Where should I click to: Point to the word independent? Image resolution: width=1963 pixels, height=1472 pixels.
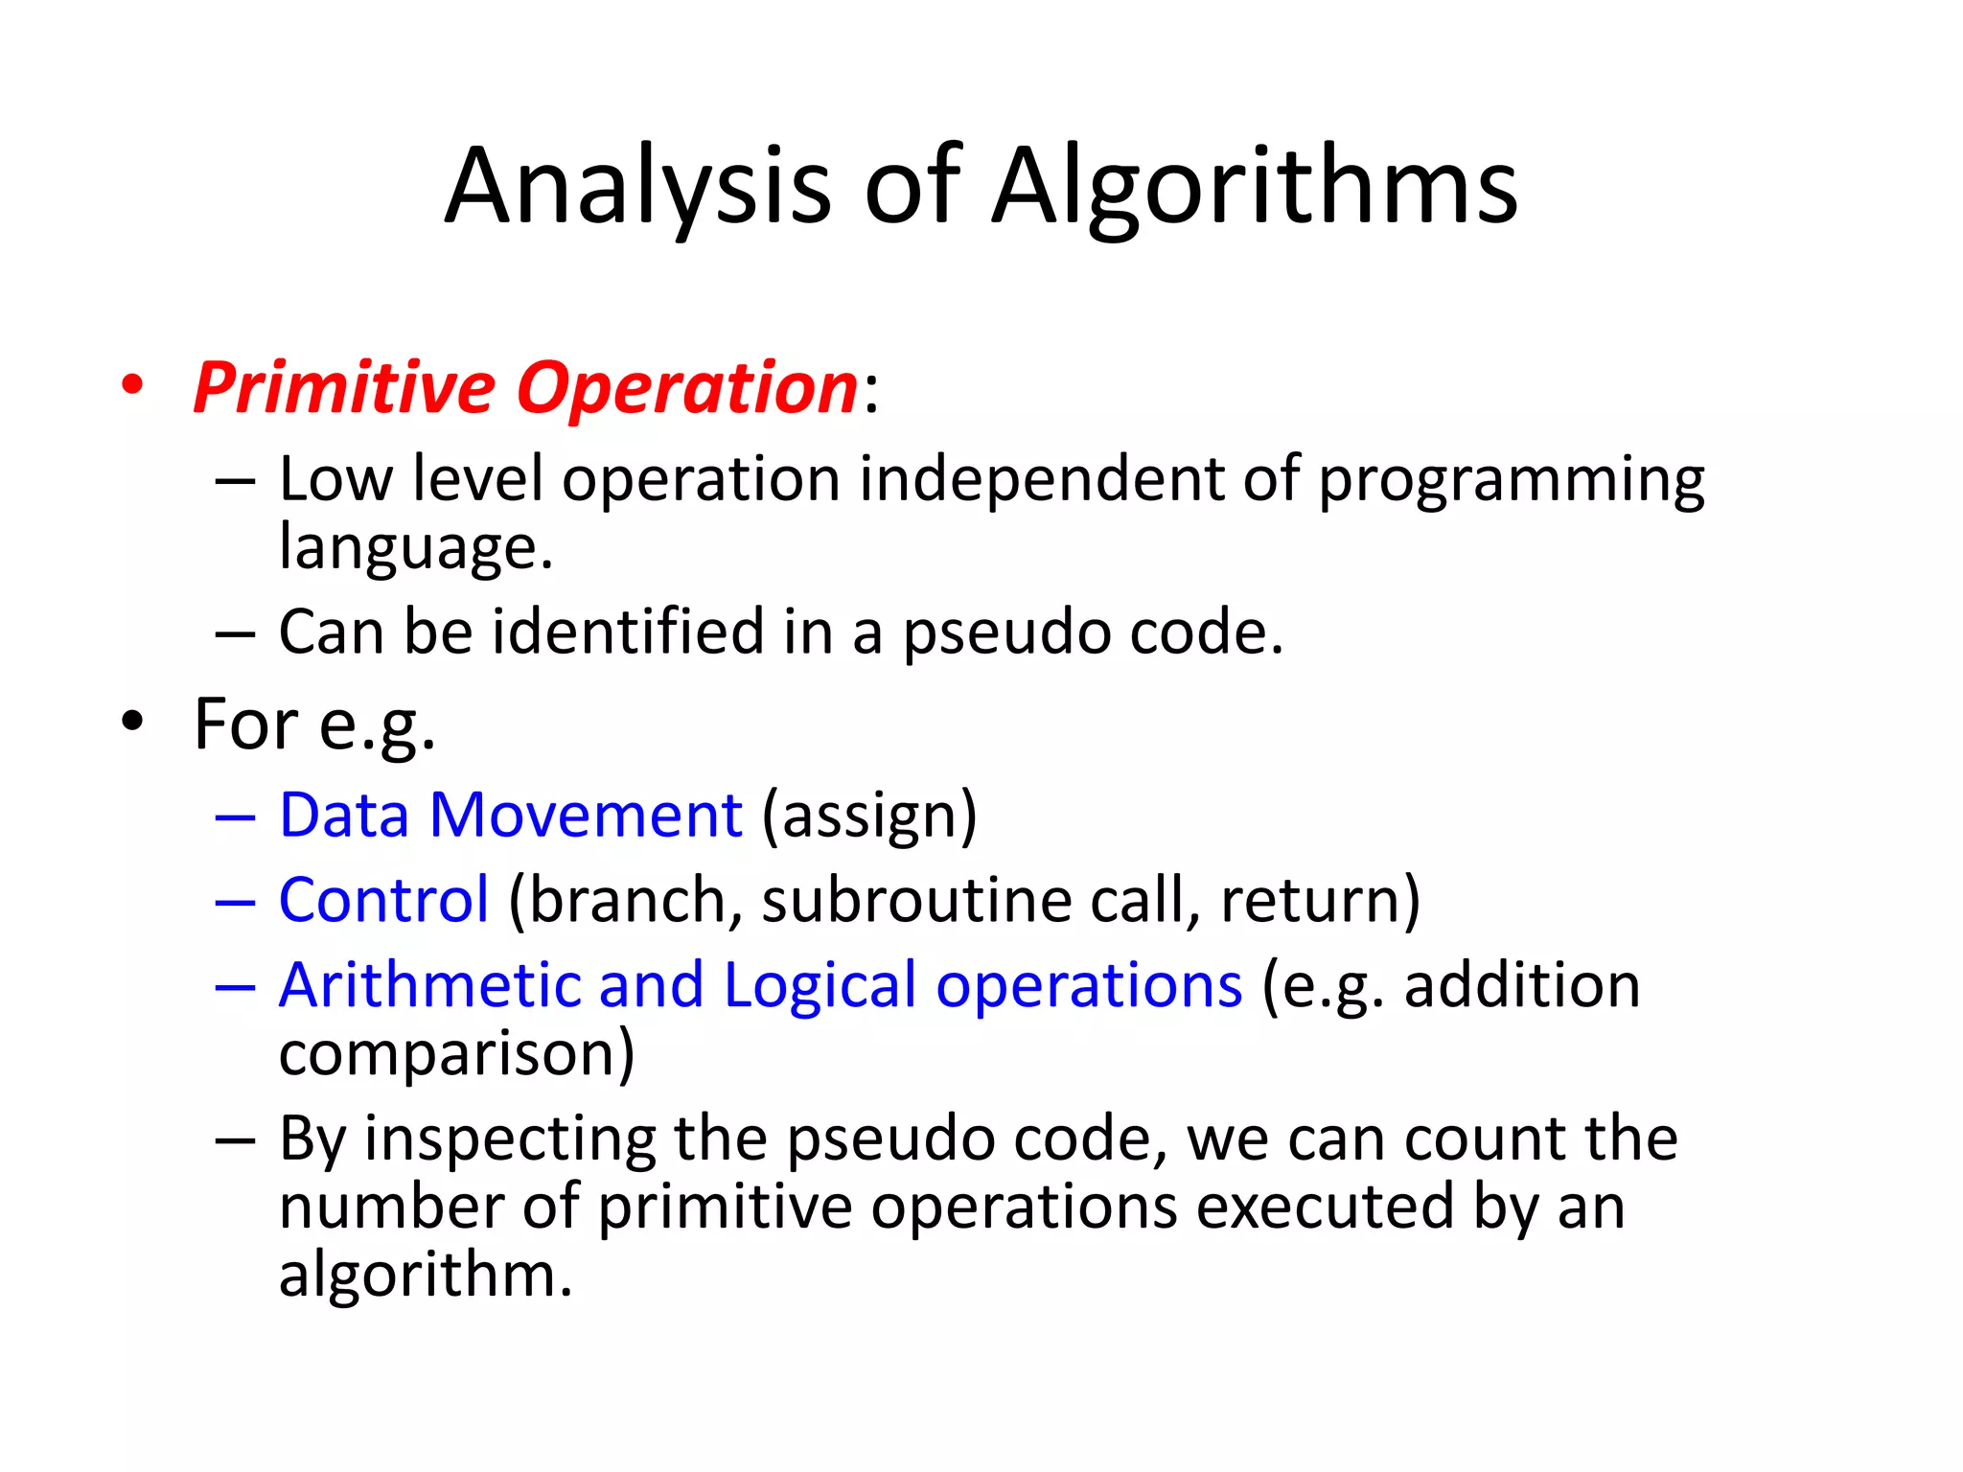point(1041,478)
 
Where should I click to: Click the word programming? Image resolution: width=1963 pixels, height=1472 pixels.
point(1511,478)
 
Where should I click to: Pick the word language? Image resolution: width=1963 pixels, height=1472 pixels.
point(415,547)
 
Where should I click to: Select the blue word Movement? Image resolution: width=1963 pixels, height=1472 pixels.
point(586,816)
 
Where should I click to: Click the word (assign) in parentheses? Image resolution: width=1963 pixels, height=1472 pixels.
point(869,816)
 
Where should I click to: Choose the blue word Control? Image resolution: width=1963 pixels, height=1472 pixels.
point(383,900)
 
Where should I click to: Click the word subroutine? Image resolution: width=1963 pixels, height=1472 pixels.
point(916,900)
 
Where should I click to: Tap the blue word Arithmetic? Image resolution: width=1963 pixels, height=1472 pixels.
point(430,985)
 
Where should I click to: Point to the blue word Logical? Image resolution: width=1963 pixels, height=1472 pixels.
point(820,985)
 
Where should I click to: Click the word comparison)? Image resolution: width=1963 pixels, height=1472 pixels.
point(456,1053)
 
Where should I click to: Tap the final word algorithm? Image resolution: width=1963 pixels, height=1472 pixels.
point(425,1276)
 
